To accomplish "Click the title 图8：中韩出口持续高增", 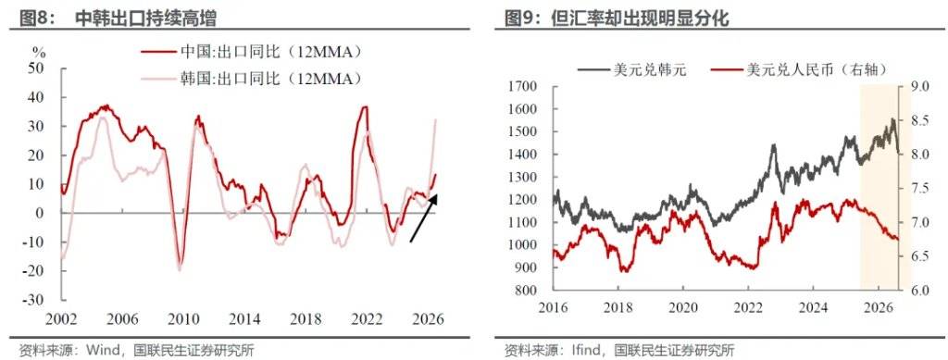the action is pyautogui.click(x=118, y=19).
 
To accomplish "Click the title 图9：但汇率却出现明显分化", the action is pyautogui.click(x=617, y=19).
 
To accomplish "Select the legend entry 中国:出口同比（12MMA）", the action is pyautogui.click(x=252, y=52).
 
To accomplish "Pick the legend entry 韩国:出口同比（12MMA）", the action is pyautogui.click(x=252, y=79).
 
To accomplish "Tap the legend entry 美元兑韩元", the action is pyautogui.click(x=632, y=69).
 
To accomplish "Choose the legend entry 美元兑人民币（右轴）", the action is pyautogui.click(x=801, y=69).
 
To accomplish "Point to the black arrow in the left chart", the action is pyautogui.click(x=423, y=218).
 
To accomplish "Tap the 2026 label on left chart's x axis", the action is pyautogui.click(x=429, y=319).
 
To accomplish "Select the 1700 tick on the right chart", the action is pyautogui.click(x=523, y=87).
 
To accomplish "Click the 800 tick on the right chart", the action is pyautogui.click(x=527, y=291).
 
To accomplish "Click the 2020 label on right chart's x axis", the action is pyautogui.click(x=682, y=306).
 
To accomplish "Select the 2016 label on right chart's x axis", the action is pyautogui.click(x=552, y=306).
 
